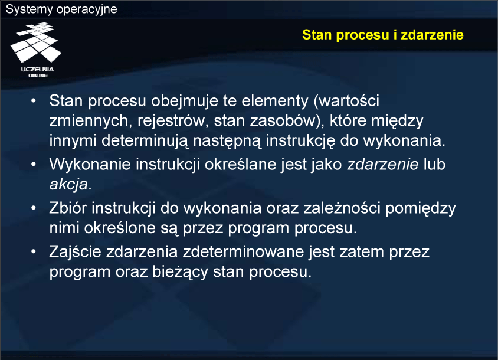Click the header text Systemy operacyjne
pos(61,9)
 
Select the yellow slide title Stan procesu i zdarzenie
pos(382,35)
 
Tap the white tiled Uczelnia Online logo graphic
pos(35,42)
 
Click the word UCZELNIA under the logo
pos(38,69)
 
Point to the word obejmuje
pos(185,101)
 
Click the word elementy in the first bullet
pos(275,102)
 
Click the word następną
pos(227,141)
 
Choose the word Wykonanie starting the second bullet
pos(90,164)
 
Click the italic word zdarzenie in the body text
pos(383,164)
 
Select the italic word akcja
pos(68,184)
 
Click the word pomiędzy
pos(421,209)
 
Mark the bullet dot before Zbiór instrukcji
pos(34,208)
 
